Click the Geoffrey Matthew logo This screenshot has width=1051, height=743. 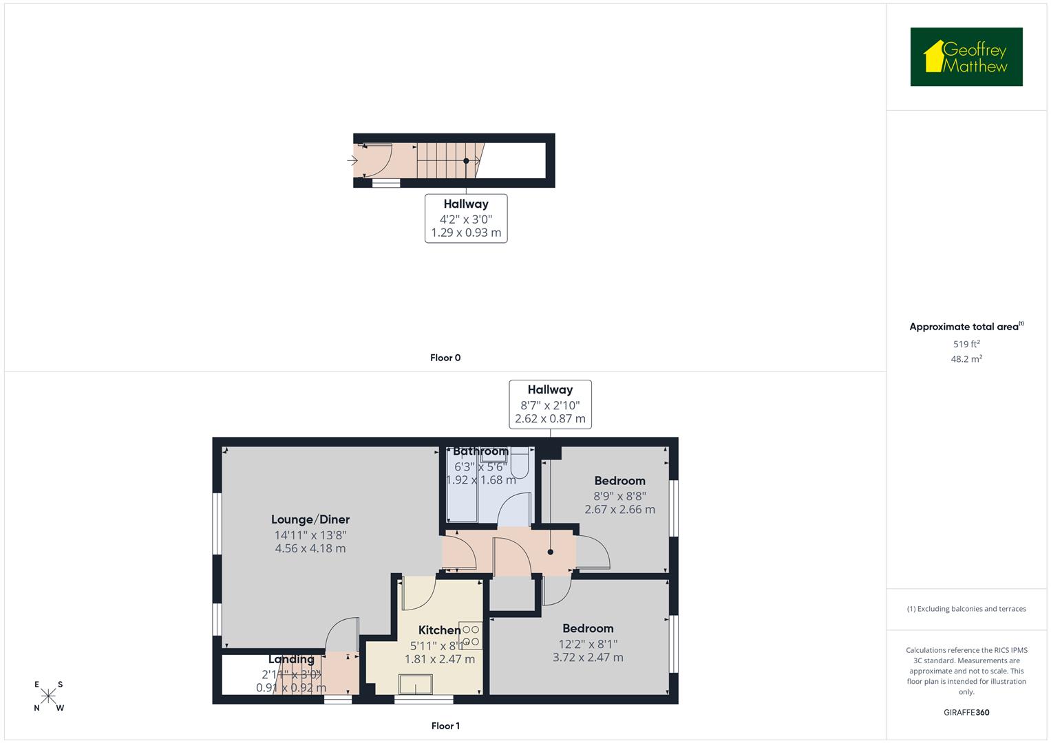(966, 57)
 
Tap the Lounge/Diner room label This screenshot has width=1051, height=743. (310, 520)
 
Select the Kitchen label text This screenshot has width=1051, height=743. (439, 630)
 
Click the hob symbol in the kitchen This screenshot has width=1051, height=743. (471, 636)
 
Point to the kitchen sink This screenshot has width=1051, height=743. (416, 684)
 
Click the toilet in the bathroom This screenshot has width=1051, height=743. (520, 463)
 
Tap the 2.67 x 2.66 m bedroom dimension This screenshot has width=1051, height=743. (619, 510)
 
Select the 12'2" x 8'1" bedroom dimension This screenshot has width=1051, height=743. (588, 644)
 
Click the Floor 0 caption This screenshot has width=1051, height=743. (445, 358)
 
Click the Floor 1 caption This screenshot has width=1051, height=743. (445, 726)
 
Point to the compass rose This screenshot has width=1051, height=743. (48, 696)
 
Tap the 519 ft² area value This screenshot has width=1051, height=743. (966, 344)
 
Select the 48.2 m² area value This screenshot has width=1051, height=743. (966, 359)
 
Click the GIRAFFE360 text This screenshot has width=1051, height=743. (966, 713)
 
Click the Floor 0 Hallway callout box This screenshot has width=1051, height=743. (466, 218)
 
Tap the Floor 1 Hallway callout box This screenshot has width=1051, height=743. (550, 405)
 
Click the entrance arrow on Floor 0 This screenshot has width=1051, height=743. (352, 161)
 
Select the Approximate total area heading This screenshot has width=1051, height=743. (966, 327)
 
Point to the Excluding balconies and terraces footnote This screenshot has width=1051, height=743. (966, 609)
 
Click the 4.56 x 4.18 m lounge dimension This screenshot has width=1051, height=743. (310, 549)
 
